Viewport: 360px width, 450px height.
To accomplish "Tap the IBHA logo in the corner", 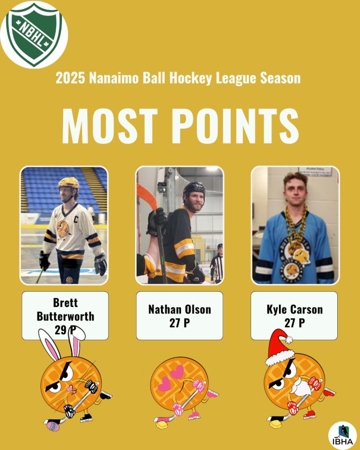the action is coord(343,435).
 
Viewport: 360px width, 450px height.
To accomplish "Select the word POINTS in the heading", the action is coord(235,126).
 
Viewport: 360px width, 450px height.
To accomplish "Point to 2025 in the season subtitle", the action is coord(70,78).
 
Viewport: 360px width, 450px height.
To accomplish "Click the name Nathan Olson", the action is coord(179,309).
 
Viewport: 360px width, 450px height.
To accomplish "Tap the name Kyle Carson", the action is coord(294,309).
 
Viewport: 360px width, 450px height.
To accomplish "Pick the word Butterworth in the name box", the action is coord(65,316).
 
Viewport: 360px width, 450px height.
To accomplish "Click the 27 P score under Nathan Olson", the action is coord(179,323).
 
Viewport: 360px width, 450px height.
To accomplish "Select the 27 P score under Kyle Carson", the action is coord(294,323).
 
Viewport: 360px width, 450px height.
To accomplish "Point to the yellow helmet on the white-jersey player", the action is coord(68,183).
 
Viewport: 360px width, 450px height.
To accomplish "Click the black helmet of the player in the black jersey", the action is coord(194,188).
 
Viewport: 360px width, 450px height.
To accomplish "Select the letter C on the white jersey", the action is coord(76,220).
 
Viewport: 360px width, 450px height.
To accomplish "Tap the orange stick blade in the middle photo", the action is coord(147,195).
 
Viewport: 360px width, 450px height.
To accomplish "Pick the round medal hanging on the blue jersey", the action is coord(301,256).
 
